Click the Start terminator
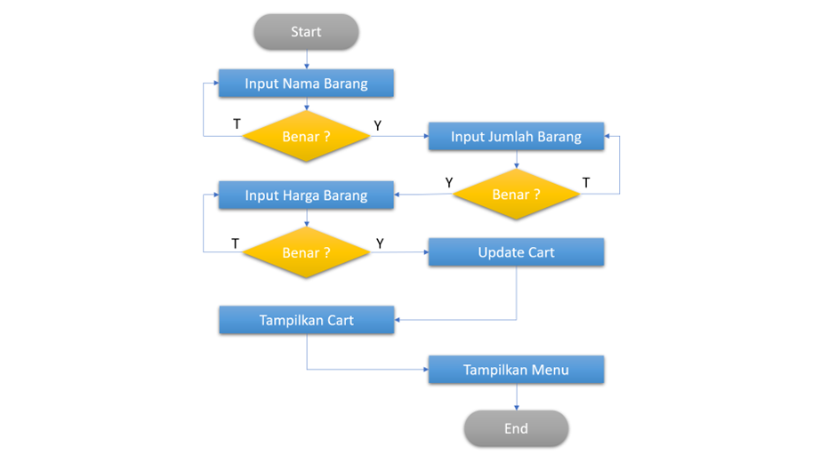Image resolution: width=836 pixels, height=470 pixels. point(306,32)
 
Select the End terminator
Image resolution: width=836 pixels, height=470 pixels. point(516,428)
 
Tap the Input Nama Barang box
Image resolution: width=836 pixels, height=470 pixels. point(306,84)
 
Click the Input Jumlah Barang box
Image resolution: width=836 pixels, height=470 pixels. point(516,136)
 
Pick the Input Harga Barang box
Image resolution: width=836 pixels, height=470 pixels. point(306,195)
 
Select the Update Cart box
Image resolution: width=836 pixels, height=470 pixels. point(516,252)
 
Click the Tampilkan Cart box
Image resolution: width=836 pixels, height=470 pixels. point(306,320)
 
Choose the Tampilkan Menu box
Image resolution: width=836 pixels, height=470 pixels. point(516,370)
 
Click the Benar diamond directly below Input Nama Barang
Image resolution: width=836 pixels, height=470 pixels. point(306,137)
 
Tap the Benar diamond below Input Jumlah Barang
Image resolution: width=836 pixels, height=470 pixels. point(516,195)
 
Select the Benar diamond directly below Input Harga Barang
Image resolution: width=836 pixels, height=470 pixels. point(306,253)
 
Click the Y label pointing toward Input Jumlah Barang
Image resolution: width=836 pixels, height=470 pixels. point(378,126)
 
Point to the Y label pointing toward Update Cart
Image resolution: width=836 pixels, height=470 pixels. point(380,243)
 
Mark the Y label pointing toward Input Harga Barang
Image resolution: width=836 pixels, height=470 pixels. point(449,183)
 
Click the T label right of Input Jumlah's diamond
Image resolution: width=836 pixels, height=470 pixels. point(585,183)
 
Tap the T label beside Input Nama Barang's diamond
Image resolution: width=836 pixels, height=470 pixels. point(237,124)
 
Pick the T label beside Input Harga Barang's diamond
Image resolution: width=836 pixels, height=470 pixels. point(235,243)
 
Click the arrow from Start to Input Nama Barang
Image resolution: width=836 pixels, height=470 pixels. point(306,60)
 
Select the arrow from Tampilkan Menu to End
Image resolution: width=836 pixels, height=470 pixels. point(516,397)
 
